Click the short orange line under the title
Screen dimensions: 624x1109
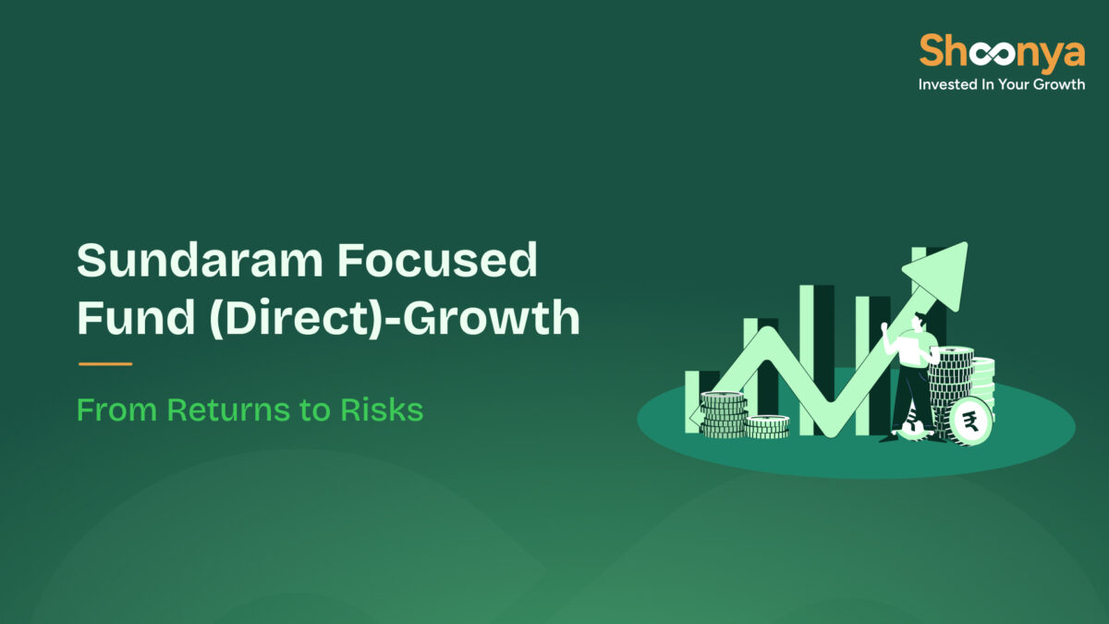(104, 364)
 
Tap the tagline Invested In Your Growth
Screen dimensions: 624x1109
(1001, 84)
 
